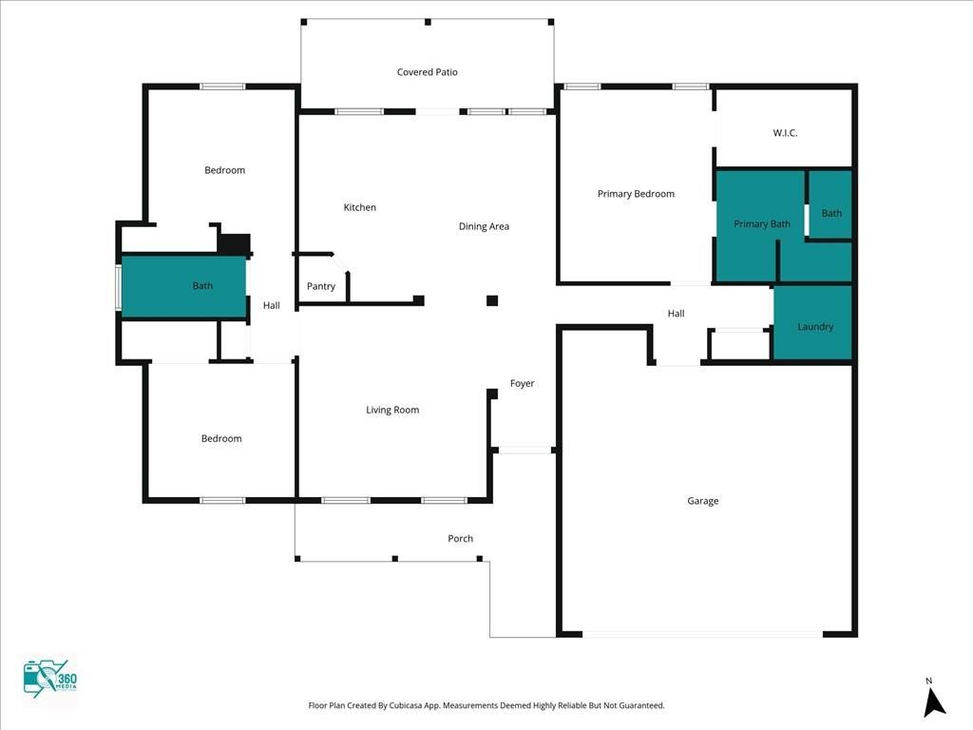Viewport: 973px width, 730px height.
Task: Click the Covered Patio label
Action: click(x=427, y=72)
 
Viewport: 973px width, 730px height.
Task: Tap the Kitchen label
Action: click(x=359, y=207)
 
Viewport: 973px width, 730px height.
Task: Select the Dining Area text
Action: click(x=484, y=226)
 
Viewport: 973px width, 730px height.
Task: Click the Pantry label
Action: click(x=321, y=286)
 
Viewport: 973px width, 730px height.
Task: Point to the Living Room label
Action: click(x=392, y=410)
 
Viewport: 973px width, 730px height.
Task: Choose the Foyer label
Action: click(x=522, y=383)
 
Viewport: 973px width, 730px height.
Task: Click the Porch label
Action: click(x=460, y=539)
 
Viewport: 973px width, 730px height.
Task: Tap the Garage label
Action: click(x=703, y=501)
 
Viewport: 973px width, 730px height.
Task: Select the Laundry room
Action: click(x=814, y=326)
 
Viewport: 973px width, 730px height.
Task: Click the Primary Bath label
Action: click(x=761, y=224)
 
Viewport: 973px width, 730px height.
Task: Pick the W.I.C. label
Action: click(x=785, y=133)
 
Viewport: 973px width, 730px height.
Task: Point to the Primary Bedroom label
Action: click(x=636, y=194)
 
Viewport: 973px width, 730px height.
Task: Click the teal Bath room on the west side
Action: click(x=184, y=286)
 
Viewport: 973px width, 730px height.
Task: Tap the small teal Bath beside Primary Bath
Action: click(x=830, y=212)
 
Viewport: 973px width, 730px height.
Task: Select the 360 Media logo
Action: click(x=49, y=680)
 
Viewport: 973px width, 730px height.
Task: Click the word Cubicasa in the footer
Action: click(x=410, y=705)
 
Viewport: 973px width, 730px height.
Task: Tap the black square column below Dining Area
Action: click(x=492, y=301)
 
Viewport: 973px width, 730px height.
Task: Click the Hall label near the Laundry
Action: click(x=676, y=314)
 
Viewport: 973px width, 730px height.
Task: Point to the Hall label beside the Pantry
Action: click(x=272, y=305)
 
